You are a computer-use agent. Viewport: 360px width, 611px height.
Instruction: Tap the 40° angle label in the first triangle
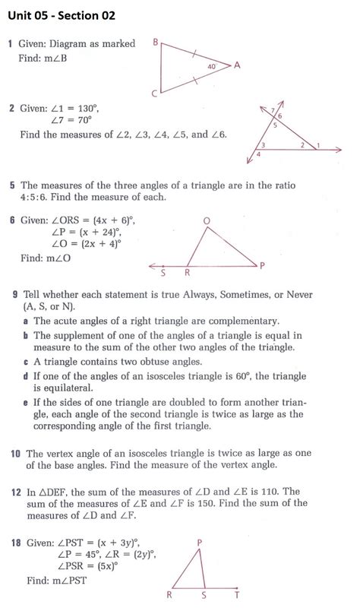point(212,67)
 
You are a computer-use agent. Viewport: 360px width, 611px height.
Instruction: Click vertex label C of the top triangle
point(155,93)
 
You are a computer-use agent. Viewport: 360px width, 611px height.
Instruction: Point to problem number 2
point(11,108)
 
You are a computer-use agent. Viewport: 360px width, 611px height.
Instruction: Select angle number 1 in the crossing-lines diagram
point(317,144)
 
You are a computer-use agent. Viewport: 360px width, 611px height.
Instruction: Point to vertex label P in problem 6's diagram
point(262,265)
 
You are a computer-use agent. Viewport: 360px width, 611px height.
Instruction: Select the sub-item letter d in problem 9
point(25,375)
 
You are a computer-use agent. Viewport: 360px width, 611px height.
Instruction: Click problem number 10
point(14,454)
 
